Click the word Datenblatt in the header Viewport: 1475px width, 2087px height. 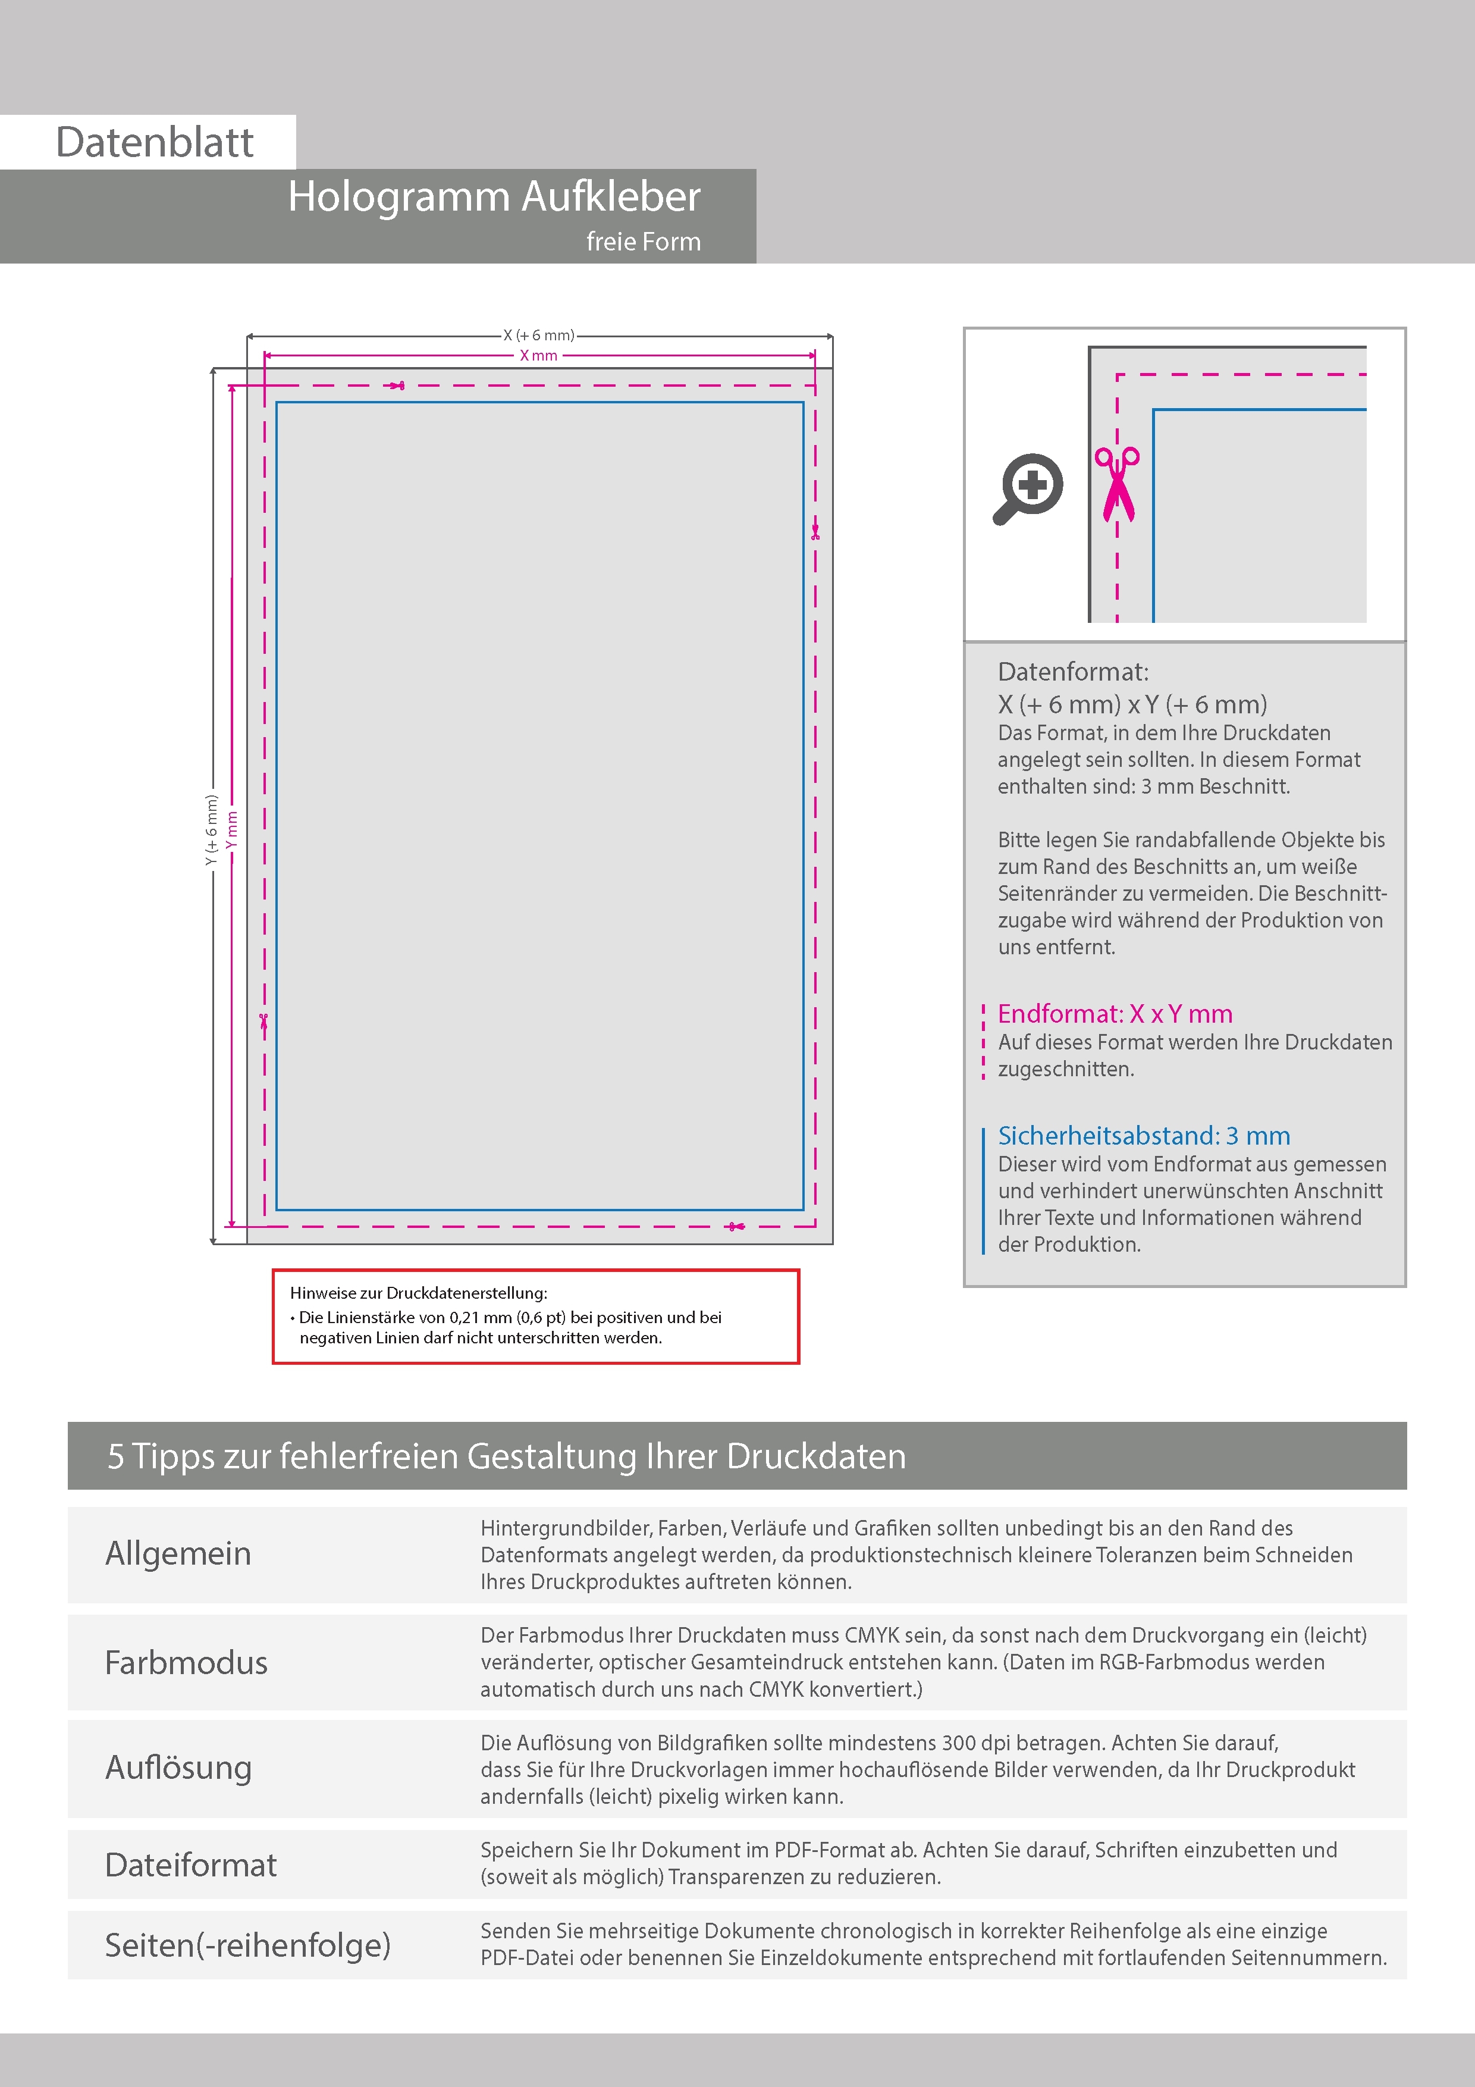click(x=155, y=143)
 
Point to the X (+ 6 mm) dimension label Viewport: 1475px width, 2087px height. click(x=539, y=336)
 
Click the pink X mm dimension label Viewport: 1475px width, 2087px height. click(x=538, y=355)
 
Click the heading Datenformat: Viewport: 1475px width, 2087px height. click(x=1072, y=672)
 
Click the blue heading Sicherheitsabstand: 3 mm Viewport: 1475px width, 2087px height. click(x=1143, y=1135)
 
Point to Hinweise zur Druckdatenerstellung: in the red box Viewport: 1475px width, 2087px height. click(x=418, y=1293)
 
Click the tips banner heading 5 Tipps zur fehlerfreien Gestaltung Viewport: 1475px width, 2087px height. click(x=506, y=1455)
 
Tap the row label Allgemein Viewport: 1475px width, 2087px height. click(x=178, y=1553)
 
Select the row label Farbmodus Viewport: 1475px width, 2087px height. click(x=186, y=1662)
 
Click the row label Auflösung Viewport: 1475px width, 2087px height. click(x=178, y=1767)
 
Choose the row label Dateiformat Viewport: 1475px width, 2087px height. click(x=191, y=1864)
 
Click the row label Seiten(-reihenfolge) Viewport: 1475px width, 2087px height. click(x=247, y=1944)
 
